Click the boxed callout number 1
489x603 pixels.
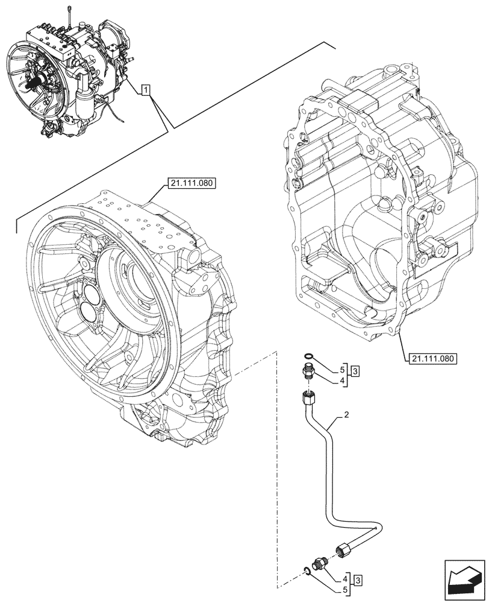point(146,91)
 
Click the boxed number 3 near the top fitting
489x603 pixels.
point(355,371)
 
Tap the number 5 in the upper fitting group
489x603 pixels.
point(342,368)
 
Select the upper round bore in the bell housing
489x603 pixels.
point(94,295)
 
